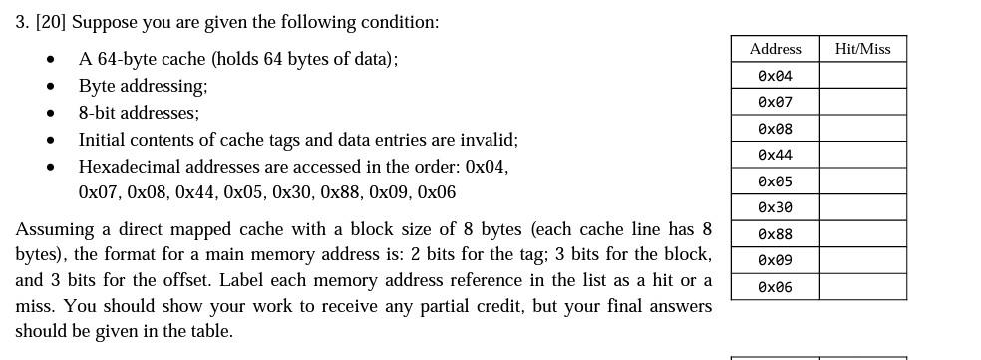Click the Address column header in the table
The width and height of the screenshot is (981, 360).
775,49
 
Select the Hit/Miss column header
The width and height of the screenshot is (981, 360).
862,49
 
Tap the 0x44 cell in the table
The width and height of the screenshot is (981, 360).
775,155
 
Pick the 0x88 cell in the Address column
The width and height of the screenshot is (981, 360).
775,234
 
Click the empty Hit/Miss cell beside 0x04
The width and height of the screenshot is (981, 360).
862,76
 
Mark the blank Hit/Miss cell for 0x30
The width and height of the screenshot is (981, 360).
862,207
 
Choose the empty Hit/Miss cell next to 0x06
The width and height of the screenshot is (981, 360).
862,287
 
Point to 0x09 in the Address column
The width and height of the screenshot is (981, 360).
775,260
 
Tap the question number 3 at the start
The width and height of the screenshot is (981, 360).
21,22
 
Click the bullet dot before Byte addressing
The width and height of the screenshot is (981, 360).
51,87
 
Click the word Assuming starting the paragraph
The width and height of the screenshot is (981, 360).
52,229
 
